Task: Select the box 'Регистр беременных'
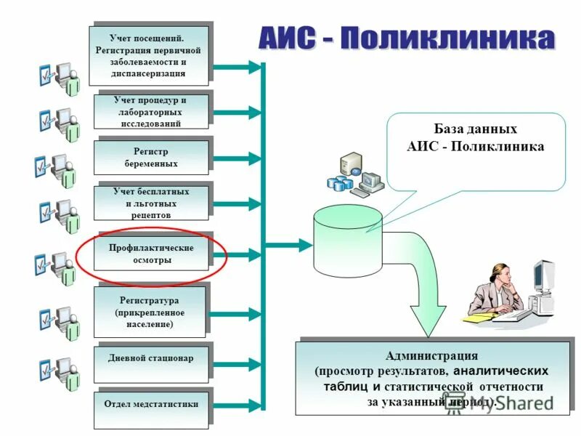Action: click(151, 158)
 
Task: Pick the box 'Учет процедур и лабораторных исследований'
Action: click(151, 112)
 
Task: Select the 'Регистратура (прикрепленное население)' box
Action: click(151, 311)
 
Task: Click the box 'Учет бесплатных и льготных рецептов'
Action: click(151, 203)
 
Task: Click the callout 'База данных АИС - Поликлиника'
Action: click(476, 145)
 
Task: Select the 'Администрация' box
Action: click(431, 378)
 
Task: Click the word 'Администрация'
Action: click(431, 356)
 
